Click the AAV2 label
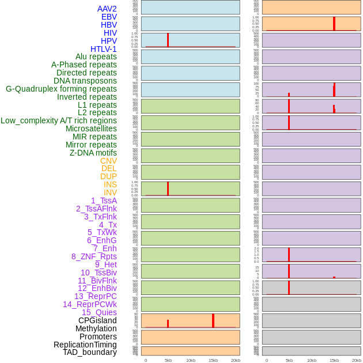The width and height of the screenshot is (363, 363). point(107,9)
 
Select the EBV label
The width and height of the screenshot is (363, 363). point(109,17)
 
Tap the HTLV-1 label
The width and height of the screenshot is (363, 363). point(104,49)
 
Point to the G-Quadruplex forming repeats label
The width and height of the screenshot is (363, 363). point(61,89)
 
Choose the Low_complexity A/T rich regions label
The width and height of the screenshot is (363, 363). point(59,120)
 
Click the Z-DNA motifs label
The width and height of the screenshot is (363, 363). point(93,153)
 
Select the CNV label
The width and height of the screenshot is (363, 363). point(108,161)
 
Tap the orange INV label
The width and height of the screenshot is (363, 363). point(110,192)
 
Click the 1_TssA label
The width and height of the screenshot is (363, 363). point(104,201)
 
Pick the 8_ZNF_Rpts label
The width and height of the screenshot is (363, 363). point(94,256)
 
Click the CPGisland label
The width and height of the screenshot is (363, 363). point(97,320)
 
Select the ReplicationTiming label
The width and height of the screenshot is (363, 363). point(85,345)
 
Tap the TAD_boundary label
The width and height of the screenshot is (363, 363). point(90,352)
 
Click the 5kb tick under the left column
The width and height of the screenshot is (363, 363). point(168,360)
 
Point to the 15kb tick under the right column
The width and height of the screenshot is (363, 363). point(334,360)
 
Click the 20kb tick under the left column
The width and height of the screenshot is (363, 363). point(236,360)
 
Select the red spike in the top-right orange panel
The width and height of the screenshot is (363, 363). point(334,24)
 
